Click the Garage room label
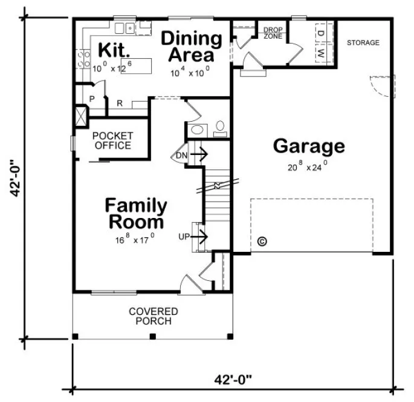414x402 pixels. [x=309, y=146]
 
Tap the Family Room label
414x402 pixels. [x=136, y=213]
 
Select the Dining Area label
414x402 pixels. [x=191, y=47]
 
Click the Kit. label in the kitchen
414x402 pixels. [x=111, y=49]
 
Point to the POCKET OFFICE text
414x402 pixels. [x=112, y=140]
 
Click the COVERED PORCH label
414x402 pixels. [x=154, y=316]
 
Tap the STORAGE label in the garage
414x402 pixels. [x=363, y=43]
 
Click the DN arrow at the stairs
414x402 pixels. [x=192, y=156]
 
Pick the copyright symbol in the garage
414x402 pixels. [x=262, y=241]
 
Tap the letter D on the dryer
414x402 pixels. [x=321, y=33]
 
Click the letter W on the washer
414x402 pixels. [x=321, y=53]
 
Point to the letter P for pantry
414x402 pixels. [x=92, y=98]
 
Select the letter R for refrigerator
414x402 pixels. [x=119, y=104]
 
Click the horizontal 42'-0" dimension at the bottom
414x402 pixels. [x=233, y=380]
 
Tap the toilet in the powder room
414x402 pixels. [x=221, y=128]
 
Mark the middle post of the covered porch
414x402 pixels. [x=152, y=336]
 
